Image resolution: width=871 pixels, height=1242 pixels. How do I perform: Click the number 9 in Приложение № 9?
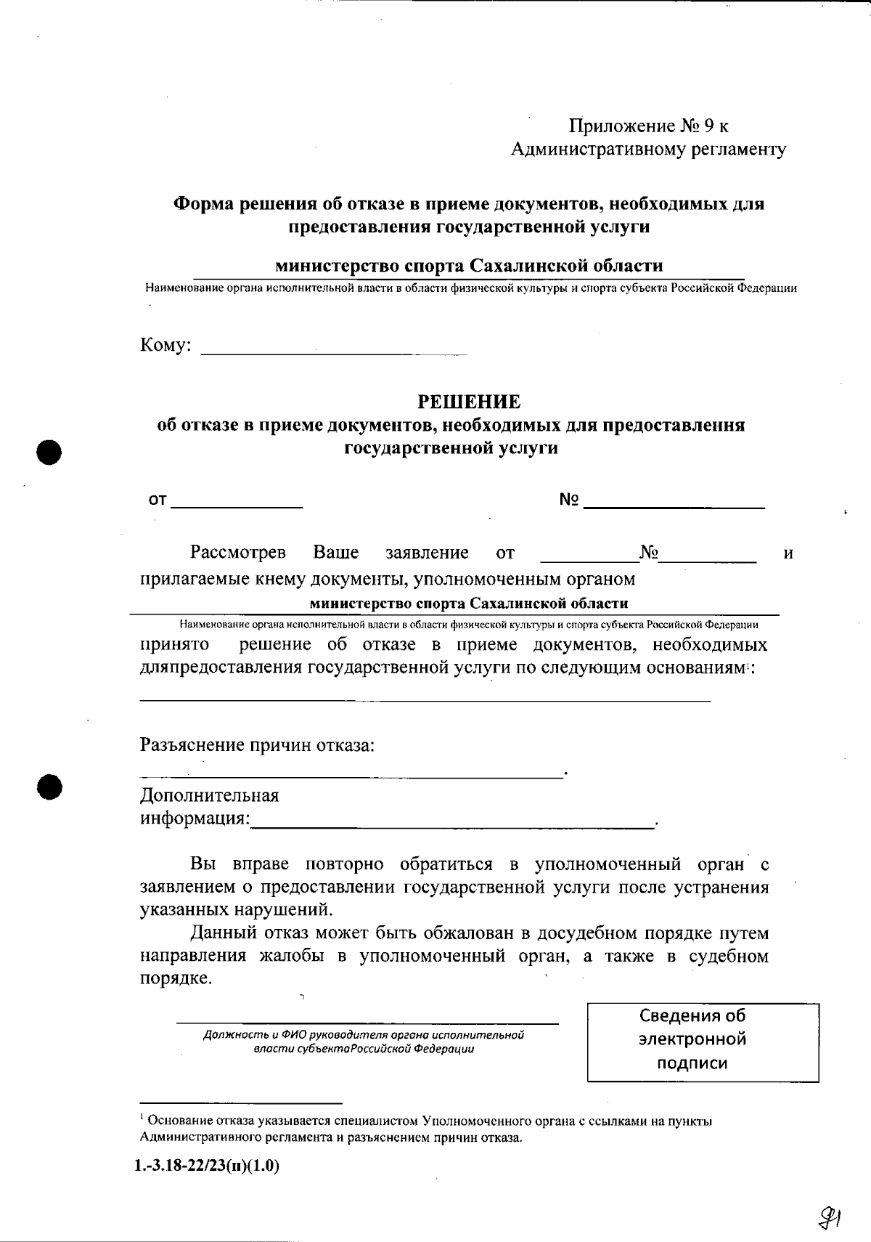(x=708, y=126)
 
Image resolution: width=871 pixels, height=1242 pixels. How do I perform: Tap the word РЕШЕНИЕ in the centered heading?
(x=469, y=401)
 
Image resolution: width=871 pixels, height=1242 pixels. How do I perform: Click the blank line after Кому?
(x=334, y=353)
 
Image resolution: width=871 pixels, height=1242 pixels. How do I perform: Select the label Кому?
(x=165, y=345)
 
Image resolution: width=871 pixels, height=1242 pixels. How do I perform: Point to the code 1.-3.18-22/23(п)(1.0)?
(x=207, y=1167)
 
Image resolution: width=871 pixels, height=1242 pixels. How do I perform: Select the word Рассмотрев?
(x=238, y=553)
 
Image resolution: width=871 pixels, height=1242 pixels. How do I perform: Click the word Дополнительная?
(x=209, y=795)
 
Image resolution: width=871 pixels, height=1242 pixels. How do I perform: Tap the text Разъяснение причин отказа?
(x=257, y=745)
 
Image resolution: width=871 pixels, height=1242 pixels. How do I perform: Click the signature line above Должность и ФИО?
(x=367, y=1023)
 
